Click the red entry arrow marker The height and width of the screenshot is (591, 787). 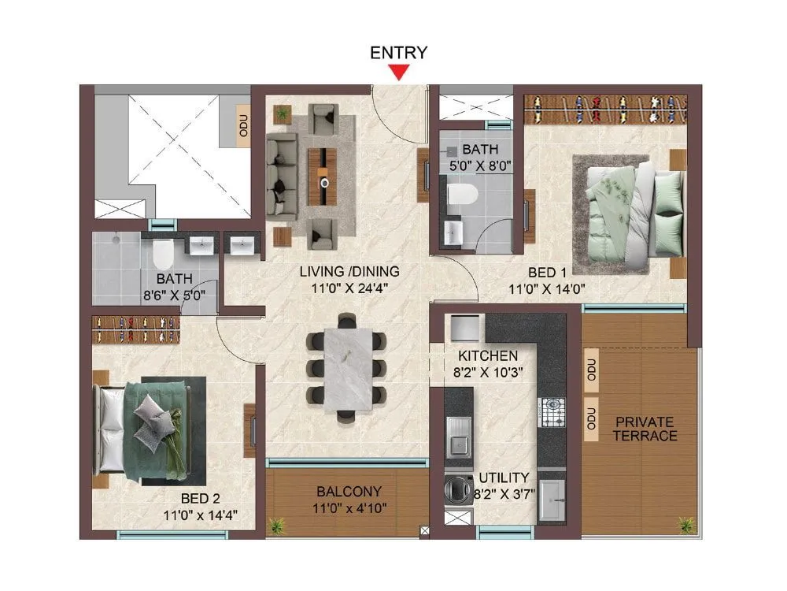point(400,73)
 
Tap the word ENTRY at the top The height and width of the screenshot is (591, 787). point(399,53)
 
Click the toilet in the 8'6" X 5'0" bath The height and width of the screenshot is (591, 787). point(163,253)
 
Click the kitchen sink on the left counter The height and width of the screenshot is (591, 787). point(457,436)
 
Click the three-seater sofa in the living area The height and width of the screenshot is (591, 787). point(280,174)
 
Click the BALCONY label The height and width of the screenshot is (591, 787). point(345,492)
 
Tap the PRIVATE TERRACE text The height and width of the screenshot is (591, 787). point(645,428)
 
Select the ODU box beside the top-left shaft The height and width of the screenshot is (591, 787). point(243,126)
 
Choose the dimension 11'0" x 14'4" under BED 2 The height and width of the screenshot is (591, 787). point(200,515)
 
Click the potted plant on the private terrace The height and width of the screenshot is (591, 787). point(686,525)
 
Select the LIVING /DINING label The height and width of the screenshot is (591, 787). point(349,272)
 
